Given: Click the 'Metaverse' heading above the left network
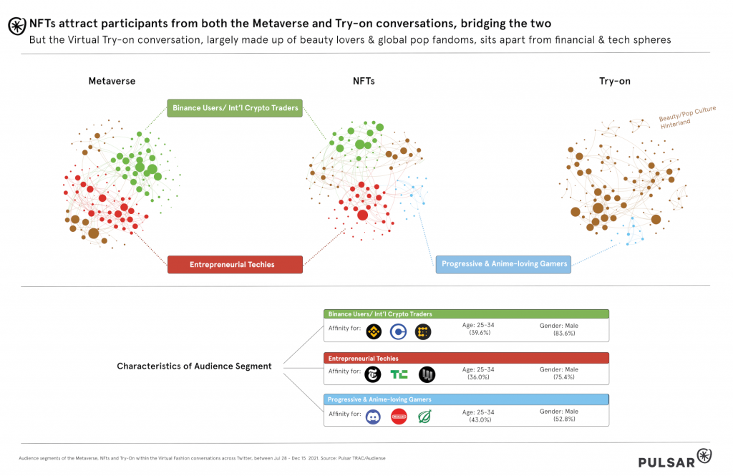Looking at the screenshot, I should [x=112, y=81].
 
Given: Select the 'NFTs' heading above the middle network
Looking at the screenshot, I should [x=363, y=81].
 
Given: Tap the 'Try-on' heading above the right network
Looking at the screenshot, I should [x=614, y=81].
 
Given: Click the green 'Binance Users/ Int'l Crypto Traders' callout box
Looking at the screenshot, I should [x=235, y=108].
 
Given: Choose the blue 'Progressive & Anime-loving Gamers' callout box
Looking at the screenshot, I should [x=504, y=263].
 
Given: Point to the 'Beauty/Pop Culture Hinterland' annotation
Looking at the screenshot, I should [x=686, y=116].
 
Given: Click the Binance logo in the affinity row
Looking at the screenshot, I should [x=373, y=331].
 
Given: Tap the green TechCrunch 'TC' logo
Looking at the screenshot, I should [x=399, y=374].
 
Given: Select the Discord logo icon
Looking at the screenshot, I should [x=373, y=417].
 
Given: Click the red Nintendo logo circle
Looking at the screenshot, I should [x=399, y=417].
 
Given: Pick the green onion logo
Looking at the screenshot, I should [x=424, y=417].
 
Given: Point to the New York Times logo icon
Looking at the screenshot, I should [x=373, y=374].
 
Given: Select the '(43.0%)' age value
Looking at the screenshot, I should [x=478, y=419].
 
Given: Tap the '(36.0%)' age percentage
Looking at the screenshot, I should [x=478, y=377].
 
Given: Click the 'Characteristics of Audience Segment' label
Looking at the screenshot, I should [x=194, y=366].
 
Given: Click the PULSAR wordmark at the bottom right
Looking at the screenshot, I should [x=666, y=462].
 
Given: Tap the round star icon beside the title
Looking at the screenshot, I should [x=16, y=26].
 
